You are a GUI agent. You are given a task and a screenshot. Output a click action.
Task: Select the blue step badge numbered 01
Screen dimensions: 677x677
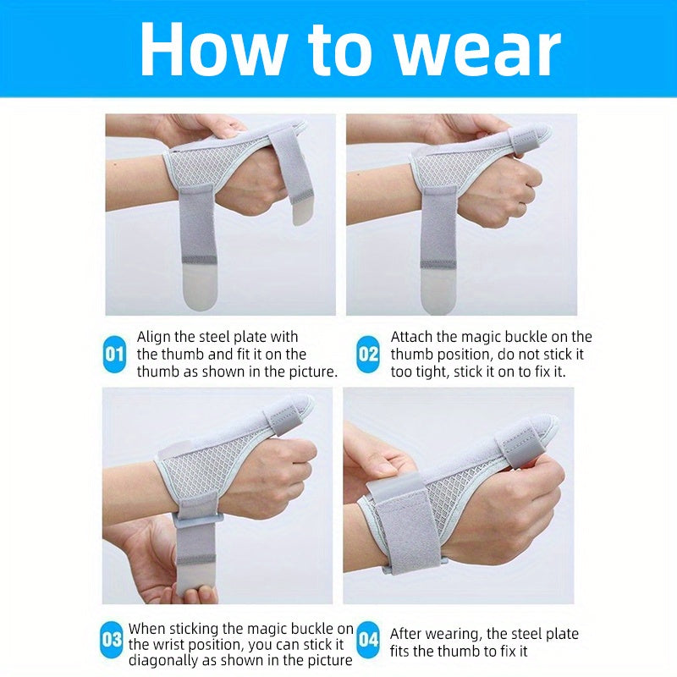(x=114, y=354)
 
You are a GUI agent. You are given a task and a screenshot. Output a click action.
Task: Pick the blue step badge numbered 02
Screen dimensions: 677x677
(x=368, y=354)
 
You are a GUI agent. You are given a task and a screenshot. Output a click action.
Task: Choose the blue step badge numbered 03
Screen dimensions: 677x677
(x=112, y=640)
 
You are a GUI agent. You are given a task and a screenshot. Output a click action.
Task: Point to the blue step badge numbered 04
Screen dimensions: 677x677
(x=368, y=640)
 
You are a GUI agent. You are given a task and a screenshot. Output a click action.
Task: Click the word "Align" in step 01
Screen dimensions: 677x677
(x=154, y=337)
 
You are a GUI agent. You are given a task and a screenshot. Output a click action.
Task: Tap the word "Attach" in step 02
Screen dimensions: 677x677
(x=411, y=337)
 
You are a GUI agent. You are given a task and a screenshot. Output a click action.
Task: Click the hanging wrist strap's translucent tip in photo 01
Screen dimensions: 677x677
(x=200, y=286)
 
